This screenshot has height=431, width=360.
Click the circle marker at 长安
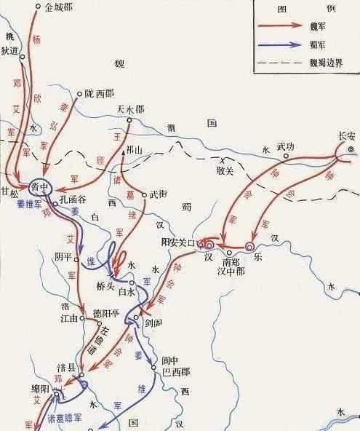[x=351, y=149]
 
